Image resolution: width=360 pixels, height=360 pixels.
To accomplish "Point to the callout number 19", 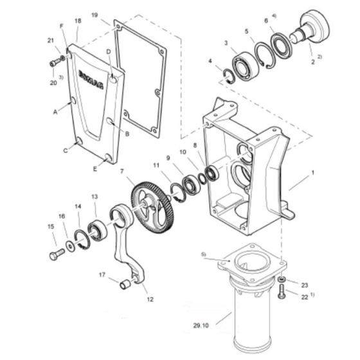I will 94,14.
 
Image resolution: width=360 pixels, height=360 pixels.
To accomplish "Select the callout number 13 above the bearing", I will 94,197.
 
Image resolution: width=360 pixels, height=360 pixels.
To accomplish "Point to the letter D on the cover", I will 109,50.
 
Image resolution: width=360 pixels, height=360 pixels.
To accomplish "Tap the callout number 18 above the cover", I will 78,21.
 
